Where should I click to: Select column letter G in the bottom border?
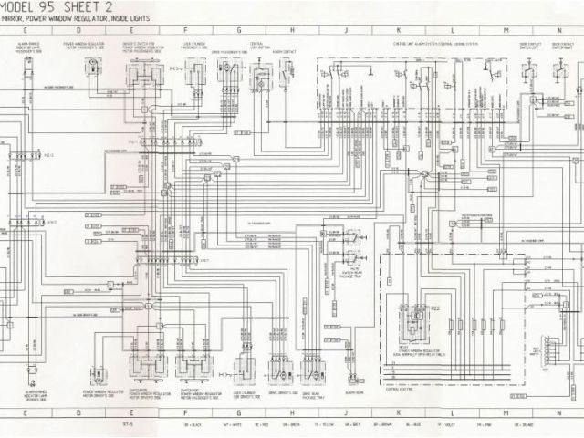click(x=239, y=412)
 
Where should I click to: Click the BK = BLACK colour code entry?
click(x=191, y=425)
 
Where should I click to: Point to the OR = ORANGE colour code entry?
click(x=559, y=425)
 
